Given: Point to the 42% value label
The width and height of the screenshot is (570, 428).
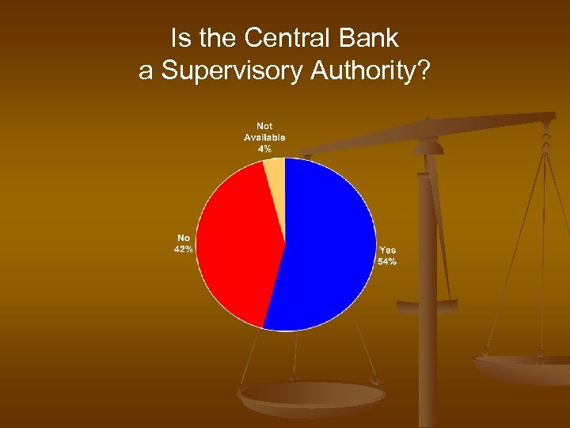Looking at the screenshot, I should tap(184, 249).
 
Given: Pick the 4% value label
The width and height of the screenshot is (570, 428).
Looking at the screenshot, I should tap(264, 148).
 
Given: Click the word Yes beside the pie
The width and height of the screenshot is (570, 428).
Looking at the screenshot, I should tap(387, 250).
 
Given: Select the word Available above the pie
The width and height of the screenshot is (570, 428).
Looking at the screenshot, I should tap(264, 137).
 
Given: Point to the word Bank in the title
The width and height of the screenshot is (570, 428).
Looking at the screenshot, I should tap(370, 37).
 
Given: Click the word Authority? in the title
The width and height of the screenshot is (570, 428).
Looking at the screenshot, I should tap(371, 71).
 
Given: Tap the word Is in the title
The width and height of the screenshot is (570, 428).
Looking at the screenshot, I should tap(179, 37).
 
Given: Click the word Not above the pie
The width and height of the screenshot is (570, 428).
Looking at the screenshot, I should tap(264, 127).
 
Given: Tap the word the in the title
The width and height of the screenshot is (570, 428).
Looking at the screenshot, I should tap(215, 37).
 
